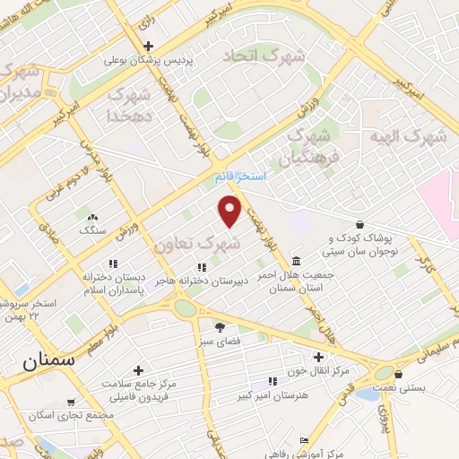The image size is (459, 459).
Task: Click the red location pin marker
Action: coord(231,212)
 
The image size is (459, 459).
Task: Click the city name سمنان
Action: coord(42,363)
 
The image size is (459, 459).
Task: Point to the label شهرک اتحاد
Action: coord(264,56)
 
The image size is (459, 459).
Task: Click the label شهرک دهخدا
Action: coord(132,104)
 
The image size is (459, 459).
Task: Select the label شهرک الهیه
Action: coord(400,136)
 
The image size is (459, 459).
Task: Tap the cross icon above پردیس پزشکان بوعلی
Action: coord(149,47)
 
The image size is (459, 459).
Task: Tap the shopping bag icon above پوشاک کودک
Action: coord(359,224)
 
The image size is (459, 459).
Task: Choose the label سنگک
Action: coord(92,230)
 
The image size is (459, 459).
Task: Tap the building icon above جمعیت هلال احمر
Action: coord(297,260)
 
